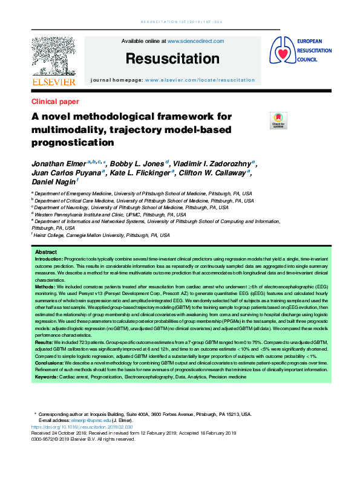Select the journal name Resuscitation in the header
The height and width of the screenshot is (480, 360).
(x=172, y=59)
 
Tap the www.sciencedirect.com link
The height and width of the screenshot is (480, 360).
(x=195, y=41)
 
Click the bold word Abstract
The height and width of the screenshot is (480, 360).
(x=47, y=251)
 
